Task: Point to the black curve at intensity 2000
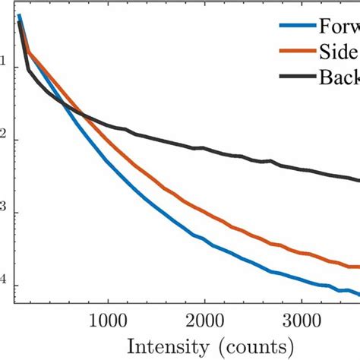coord(204,148)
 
